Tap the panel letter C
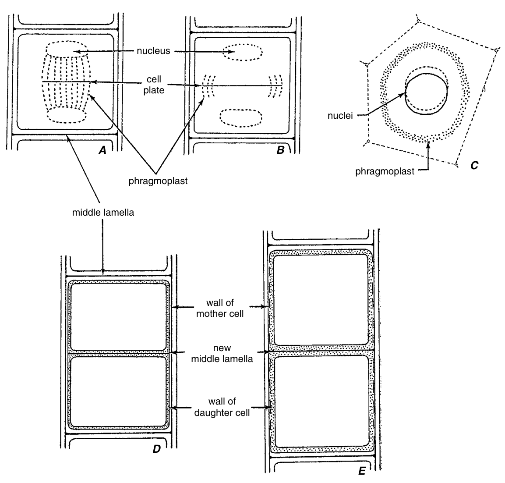[x=474, y=165]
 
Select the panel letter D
[x=156, y=448]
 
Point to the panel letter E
[x=361, y=472]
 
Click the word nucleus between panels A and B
[x=153, y=51]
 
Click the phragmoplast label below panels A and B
[x=158, y=181]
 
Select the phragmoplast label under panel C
[x=385, y=172]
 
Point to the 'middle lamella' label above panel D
[x=103, y=213]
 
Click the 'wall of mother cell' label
[x=220, y=308]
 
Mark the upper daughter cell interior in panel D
[x=119, y=316]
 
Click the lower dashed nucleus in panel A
[x=67, y=115]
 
